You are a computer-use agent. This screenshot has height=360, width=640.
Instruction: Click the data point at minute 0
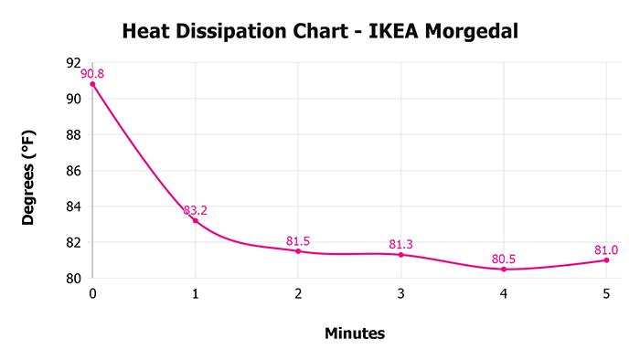coord(92,84)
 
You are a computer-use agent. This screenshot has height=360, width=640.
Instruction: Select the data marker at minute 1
coord(195,220)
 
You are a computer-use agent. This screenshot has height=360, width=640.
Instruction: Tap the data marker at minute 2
coord(298,250)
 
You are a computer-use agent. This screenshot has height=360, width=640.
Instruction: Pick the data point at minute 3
coord(400,254)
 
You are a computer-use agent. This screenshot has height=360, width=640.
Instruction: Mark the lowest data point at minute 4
coord(504,269)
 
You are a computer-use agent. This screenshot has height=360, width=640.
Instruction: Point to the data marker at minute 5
coord(606,259)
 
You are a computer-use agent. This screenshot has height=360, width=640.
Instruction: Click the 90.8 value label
coord(92,73)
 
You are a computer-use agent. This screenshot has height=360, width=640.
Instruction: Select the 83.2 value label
coord(196,210)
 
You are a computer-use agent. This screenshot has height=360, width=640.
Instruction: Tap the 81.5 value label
coord(298,240)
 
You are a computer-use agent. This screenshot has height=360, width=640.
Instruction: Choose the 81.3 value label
coord(400,244)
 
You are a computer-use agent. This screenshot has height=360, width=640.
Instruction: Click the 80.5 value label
coord(504,259)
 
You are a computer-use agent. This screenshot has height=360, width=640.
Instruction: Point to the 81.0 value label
coord(606,249)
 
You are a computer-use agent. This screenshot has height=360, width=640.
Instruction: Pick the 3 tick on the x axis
coord(400,293)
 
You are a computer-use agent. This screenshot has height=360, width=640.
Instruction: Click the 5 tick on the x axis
coord(606,293)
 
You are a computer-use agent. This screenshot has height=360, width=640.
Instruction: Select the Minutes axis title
coord(355,334)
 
